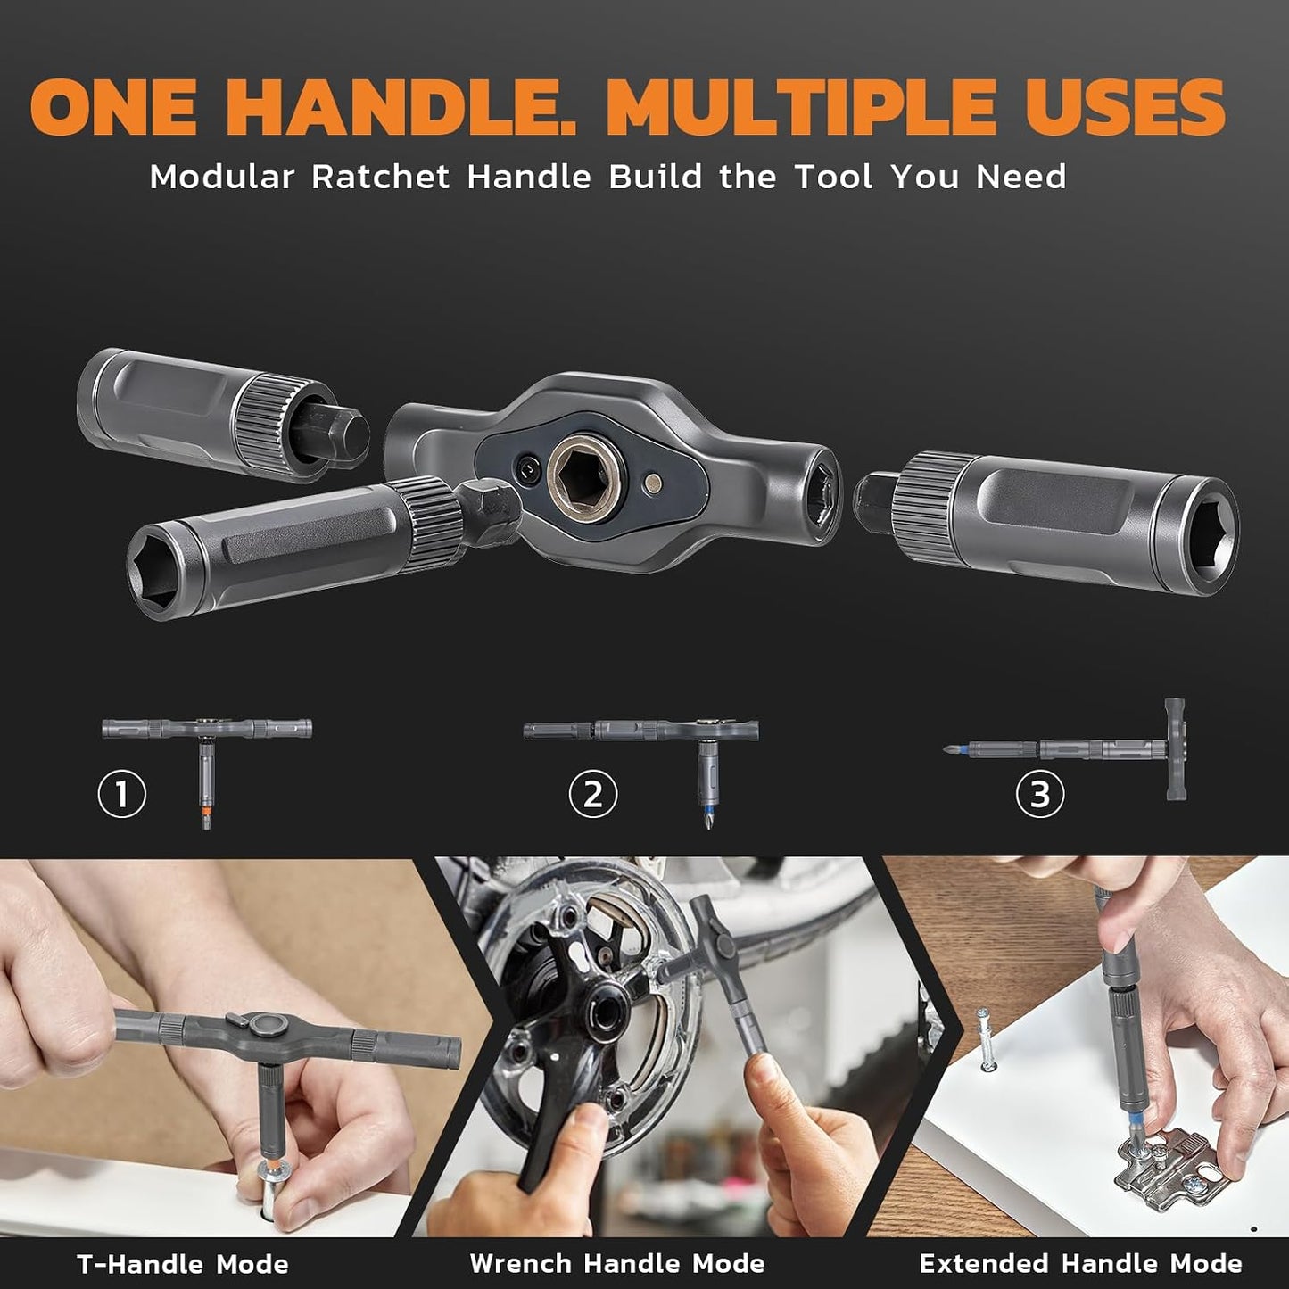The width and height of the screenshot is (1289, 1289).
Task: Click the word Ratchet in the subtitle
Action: point(380,178)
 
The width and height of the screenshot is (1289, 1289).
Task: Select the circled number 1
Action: point(121,794)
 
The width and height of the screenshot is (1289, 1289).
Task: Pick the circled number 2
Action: point(592,794)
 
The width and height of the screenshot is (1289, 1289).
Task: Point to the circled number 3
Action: point(1040,794)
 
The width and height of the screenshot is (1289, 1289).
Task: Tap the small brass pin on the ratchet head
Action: point(653,479)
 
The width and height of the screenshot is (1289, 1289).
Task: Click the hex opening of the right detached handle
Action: point(1209,534)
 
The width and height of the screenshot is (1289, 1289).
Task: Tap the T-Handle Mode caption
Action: point(183,1264)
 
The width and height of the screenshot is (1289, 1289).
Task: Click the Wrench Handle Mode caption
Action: point(616,1264)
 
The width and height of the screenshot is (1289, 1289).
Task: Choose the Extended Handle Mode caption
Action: point(1081,1264)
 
